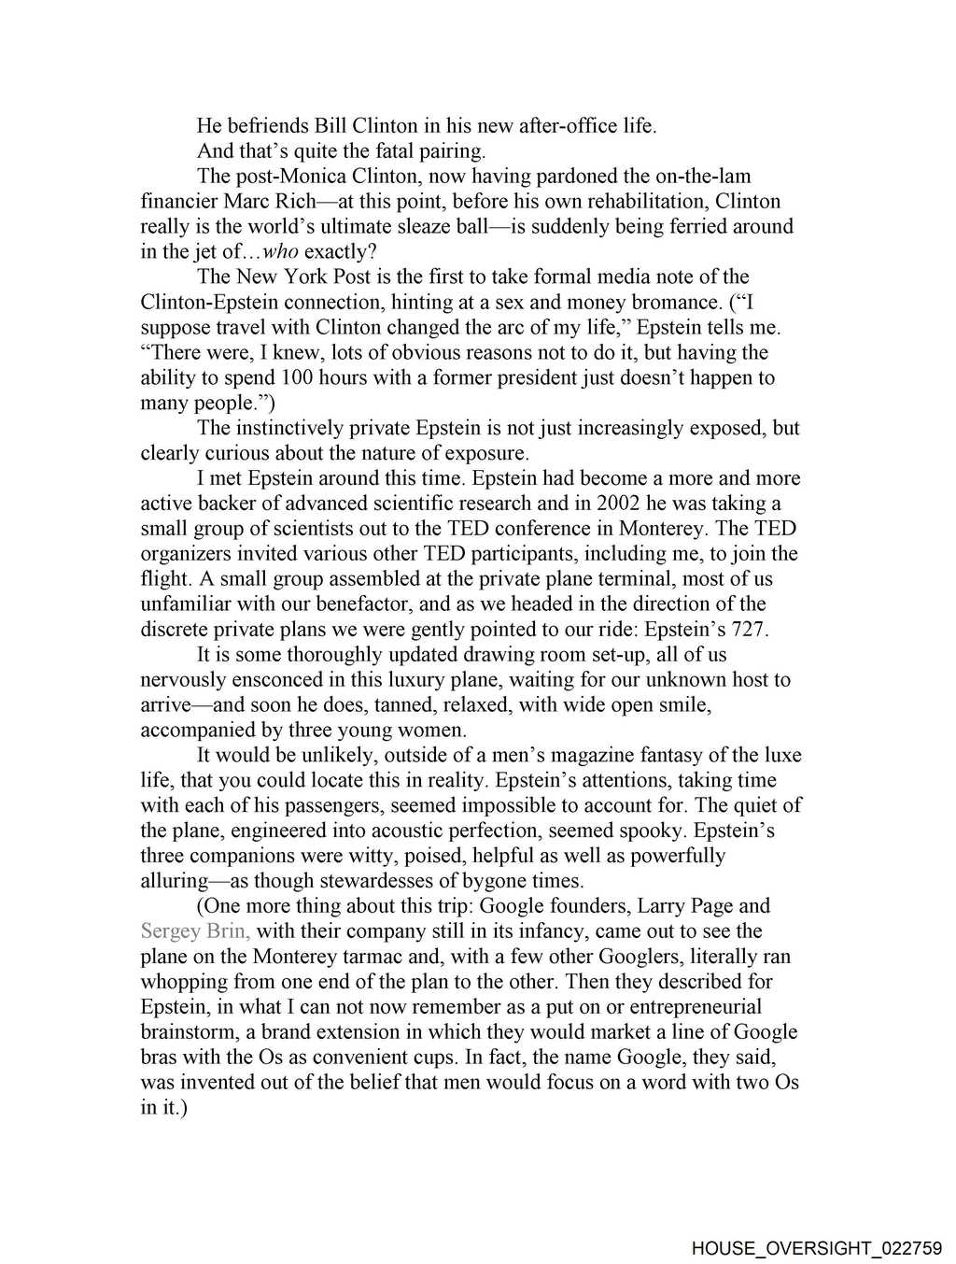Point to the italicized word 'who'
pos(281,252)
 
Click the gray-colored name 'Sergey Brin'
pos(194,931)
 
